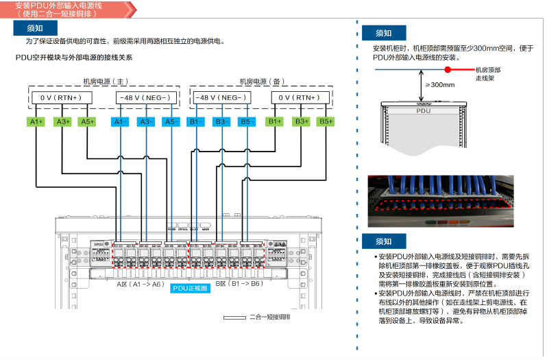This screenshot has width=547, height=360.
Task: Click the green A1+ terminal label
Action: [x=36, y=121]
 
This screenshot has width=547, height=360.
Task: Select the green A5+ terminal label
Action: [x=87, y=121]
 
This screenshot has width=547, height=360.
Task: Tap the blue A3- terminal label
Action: [x=145, y=121]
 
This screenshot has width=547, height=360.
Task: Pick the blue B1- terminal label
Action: [x=196, y=121]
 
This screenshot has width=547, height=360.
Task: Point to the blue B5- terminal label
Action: [x=247, y=121]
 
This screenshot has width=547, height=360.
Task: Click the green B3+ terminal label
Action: [x=300, y=121]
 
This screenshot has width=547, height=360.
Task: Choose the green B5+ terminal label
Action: [x=325, y=121]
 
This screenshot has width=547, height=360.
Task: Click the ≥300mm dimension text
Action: [x=439, y=85]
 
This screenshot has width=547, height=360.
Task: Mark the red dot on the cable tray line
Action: [x=448, y=70]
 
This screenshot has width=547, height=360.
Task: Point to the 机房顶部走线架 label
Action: [x=487, y=74]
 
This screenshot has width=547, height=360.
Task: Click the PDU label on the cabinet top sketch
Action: [x=423, y=110]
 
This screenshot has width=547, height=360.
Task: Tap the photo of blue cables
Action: [x=439, y=201]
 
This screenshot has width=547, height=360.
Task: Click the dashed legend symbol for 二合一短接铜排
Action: [x=234, y=317]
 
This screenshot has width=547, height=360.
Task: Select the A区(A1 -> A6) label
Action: [x=139, y=283]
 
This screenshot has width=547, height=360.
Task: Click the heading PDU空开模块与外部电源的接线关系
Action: [x=78, y=58]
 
